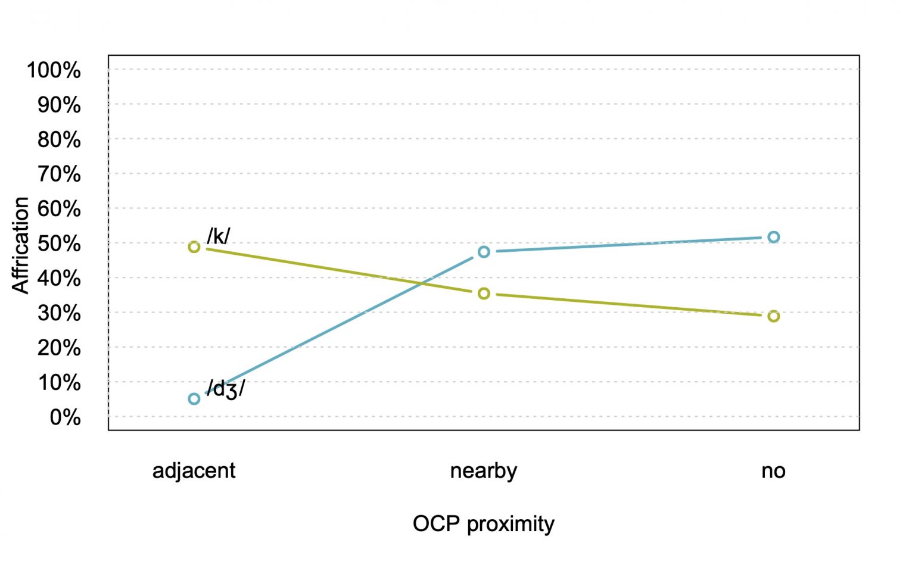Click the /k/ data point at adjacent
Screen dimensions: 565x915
coord(194,246)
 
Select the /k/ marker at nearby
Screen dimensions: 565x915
coord(484,294)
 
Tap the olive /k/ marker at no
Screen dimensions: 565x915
coord(773,316)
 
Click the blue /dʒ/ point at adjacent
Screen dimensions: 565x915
coord(194,399)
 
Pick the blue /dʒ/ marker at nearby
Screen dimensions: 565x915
coord(484,252)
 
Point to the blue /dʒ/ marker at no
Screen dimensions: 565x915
coord(773,237)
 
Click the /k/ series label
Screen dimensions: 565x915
coord(218,236)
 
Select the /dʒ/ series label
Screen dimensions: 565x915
coord(226,389)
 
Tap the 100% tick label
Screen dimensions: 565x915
coord(54,70)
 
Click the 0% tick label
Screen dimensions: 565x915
coord(65,417)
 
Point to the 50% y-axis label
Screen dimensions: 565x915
coord(59,244)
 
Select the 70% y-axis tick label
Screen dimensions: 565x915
coord(59,174)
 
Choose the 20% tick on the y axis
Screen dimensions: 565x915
coord(59,348)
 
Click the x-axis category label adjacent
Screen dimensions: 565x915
coord(194,471)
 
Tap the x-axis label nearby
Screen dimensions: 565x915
coord(484,471)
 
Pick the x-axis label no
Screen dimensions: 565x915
coord(773,471)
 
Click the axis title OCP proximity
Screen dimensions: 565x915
coord(484,524)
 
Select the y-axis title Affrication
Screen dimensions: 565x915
coord(21,245)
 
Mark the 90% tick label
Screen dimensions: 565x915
coord(59,105)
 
